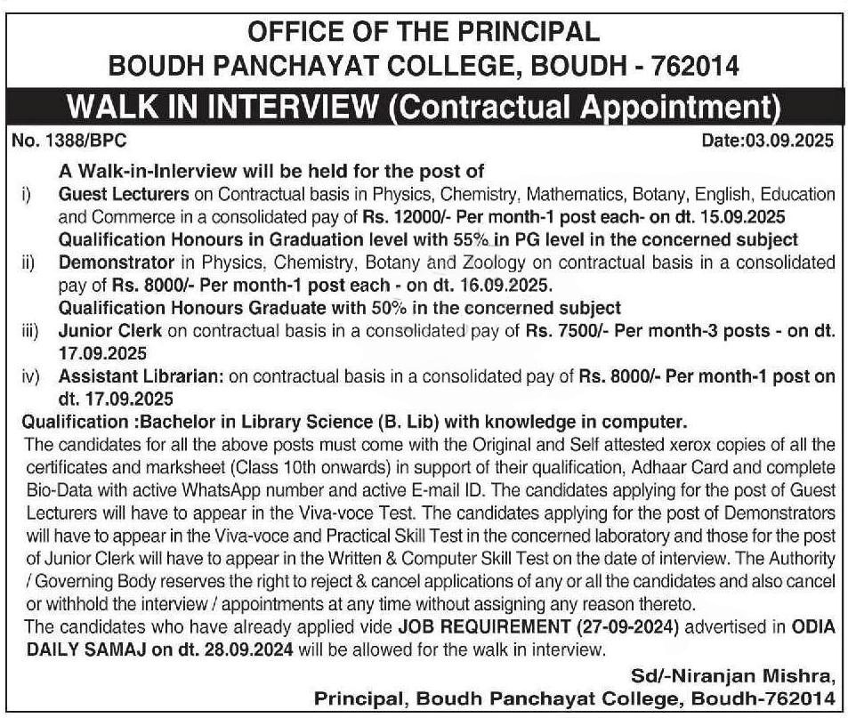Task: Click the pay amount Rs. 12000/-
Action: [x=412, y=216]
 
